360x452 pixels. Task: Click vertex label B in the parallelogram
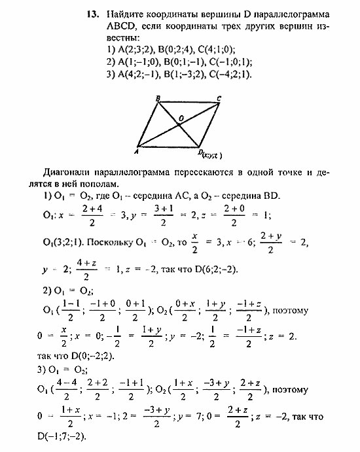pos(158,99)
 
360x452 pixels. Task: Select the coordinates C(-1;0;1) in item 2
pos(229,61)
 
